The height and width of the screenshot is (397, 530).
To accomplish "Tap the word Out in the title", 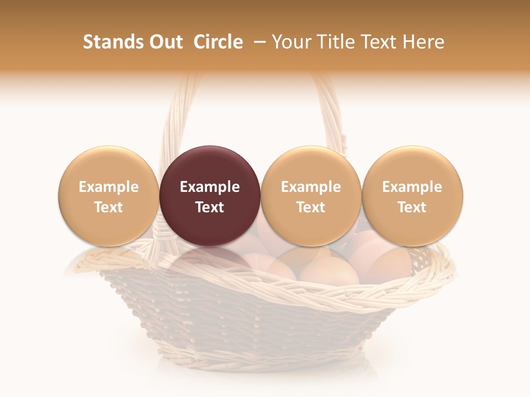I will pyautogui.click(x=165, y=42).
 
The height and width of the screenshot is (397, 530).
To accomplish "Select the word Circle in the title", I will pyautogui.click(x=218, y=42).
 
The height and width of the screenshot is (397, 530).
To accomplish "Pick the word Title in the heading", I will pyautogui.click(x=338, y=42).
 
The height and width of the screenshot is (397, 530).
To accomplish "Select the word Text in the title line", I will pyautogui.click(x=381, y=42).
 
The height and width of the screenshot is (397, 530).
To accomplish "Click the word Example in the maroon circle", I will pyautogui.click(x=210, y=187).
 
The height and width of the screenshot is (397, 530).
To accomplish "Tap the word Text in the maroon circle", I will pyautogui.click(x=210, y=207).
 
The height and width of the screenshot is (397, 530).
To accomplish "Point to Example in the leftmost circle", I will pyautogui.click(x=109, y=187).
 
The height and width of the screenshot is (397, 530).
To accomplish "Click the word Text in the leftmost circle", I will pyautogui.click(x=109, y=207).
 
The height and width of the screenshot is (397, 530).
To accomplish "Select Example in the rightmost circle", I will pyautogui.click(x=412, y=187).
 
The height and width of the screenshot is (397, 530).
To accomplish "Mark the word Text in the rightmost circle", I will pyautogui.click(x=412, y=207).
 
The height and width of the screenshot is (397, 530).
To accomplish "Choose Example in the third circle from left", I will pyautogui.click(x=311, y=187).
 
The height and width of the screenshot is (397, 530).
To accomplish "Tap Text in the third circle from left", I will pyautogui.click(x=311, y=207).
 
